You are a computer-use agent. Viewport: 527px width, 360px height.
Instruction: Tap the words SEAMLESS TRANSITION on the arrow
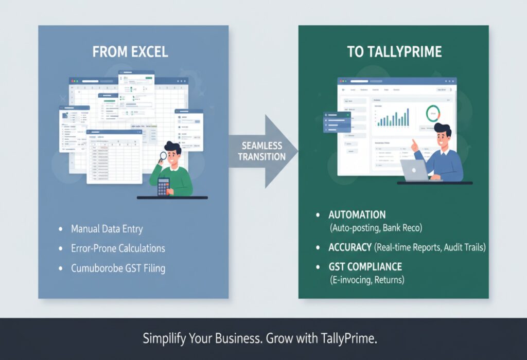[256, 151]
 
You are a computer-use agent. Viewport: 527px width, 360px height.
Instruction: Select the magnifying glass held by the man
[163, 156]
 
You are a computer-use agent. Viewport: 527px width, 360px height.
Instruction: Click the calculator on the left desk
[163, 186]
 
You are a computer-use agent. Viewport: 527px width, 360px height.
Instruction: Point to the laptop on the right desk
[415, 170]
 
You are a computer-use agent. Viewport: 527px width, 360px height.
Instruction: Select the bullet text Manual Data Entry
[107, 229]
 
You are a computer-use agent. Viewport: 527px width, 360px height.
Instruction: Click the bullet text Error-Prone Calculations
[118, 248]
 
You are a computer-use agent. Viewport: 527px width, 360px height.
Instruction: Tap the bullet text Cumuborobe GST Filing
[118, 268]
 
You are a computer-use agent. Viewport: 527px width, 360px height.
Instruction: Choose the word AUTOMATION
[357, 215]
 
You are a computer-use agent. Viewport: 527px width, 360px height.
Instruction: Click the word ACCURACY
[350, 247]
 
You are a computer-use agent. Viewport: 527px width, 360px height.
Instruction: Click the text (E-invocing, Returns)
[367, 280]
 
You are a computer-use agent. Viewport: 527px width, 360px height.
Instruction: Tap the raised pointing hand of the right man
[414, 145]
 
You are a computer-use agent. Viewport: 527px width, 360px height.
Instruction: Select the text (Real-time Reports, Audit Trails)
[430, 247]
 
